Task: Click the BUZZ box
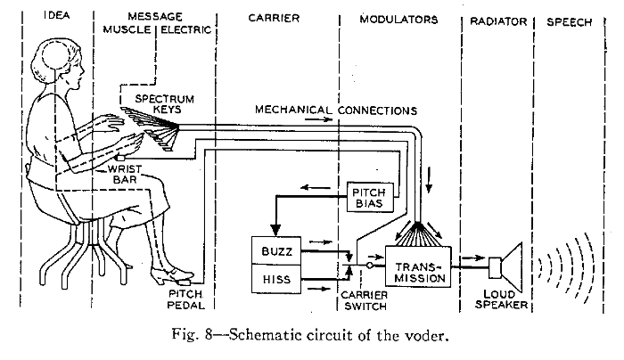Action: pos(276,250)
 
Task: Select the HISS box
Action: pos(276,279)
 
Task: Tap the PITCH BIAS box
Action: pos(370,197)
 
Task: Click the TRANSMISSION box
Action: pos(418,266)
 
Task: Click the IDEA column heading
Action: pos(57,15)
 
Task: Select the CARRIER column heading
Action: pos(274,18)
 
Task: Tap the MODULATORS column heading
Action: pos(398,20)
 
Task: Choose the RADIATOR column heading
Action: pos(498,21)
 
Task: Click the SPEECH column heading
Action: pos(569,22)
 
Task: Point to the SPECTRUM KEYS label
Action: pos(165,104)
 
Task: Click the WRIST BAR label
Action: pos(125,175)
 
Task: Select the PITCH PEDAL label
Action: pos(185,299)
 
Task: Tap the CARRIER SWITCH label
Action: pos(364,300)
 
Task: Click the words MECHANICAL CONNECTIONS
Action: pos(336,110)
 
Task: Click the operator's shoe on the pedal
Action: pos(172,274)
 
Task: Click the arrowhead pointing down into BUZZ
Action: pos(275,230)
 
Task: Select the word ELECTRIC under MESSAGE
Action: pos(185,29)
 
